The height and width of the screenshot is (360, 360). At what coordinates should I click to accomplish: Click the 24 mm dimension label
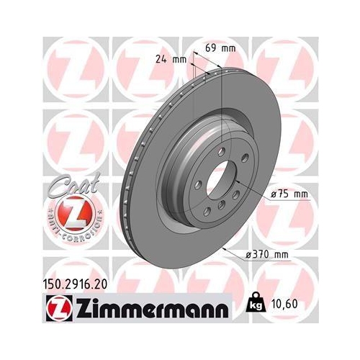[168, 60]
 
